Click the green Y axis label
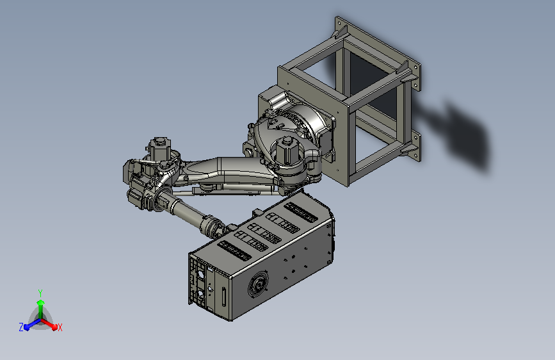click(x=40, y=293)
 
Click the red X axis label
click(x=60, y=327)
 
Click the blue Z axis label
click(x=21, y=327)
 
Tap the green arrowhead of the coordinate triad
click(x=41, y=303)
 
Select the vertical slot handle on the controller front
click(x=223, y=297)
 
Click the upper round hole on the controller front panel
click(x=200, y=275)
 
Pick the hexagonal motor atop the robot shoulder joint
click(x=286, y=150)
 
